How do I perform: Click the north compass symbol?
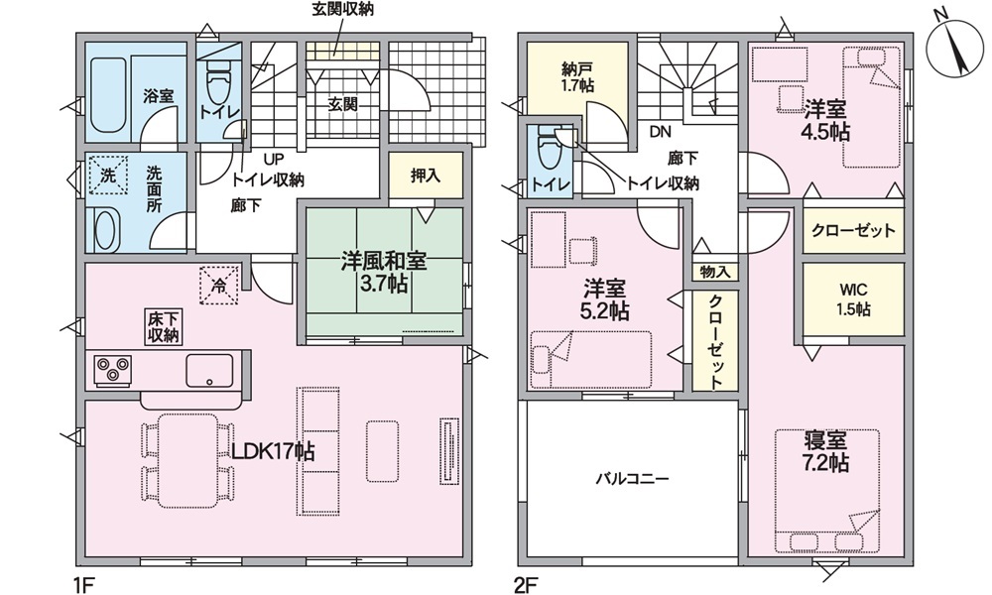pyautogui.click(x=953, y=46)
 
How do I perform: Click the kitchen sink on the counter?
pyautogui.click(x=209, y=370)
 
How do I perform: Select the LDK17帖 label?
pyautogui.click(x=273, y=452)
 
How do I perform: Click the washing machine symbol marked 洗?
pyautogui.click(x=106, y=176)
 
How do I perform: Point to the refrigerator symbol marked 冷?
pyautogui.click(x=219, y=286)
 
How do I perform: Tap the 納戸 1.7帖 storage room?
pyautogui.click(x=576, y=77)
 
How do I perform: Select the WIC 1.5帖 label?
pyautogui.click(x=853, y=298)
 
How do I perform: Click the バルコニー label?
pyautogui.click(x=632, y=478)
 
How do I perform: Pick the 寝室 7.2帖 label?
pyautogui.click(x=825, y=452)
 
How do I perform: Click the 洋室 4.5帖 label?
pyautogui.click(x=825, y=117)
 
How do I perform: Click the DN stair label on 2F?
pyautogui.click(x=660, y=130)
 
